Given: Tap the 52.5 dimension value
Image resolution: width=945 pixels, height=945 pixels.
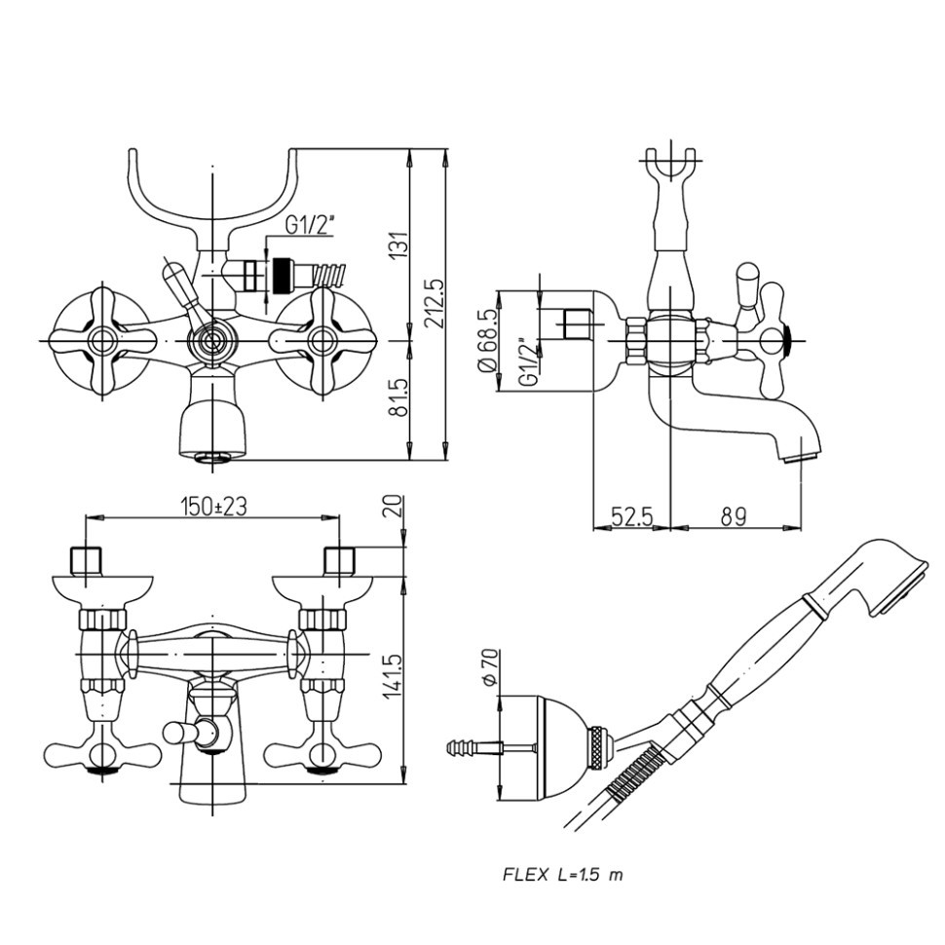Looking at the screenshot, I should click(631, 517).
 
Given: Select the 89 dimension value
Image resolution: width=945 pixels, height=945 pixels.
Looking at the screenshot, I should click(734, 517).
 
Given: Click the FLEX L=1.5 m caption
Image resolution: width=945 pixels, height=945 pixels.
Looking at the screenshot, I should click(562, 874).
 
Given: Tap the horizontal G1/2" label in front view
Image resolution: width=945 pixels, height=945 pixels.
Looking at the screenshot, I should click(310, 225).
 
